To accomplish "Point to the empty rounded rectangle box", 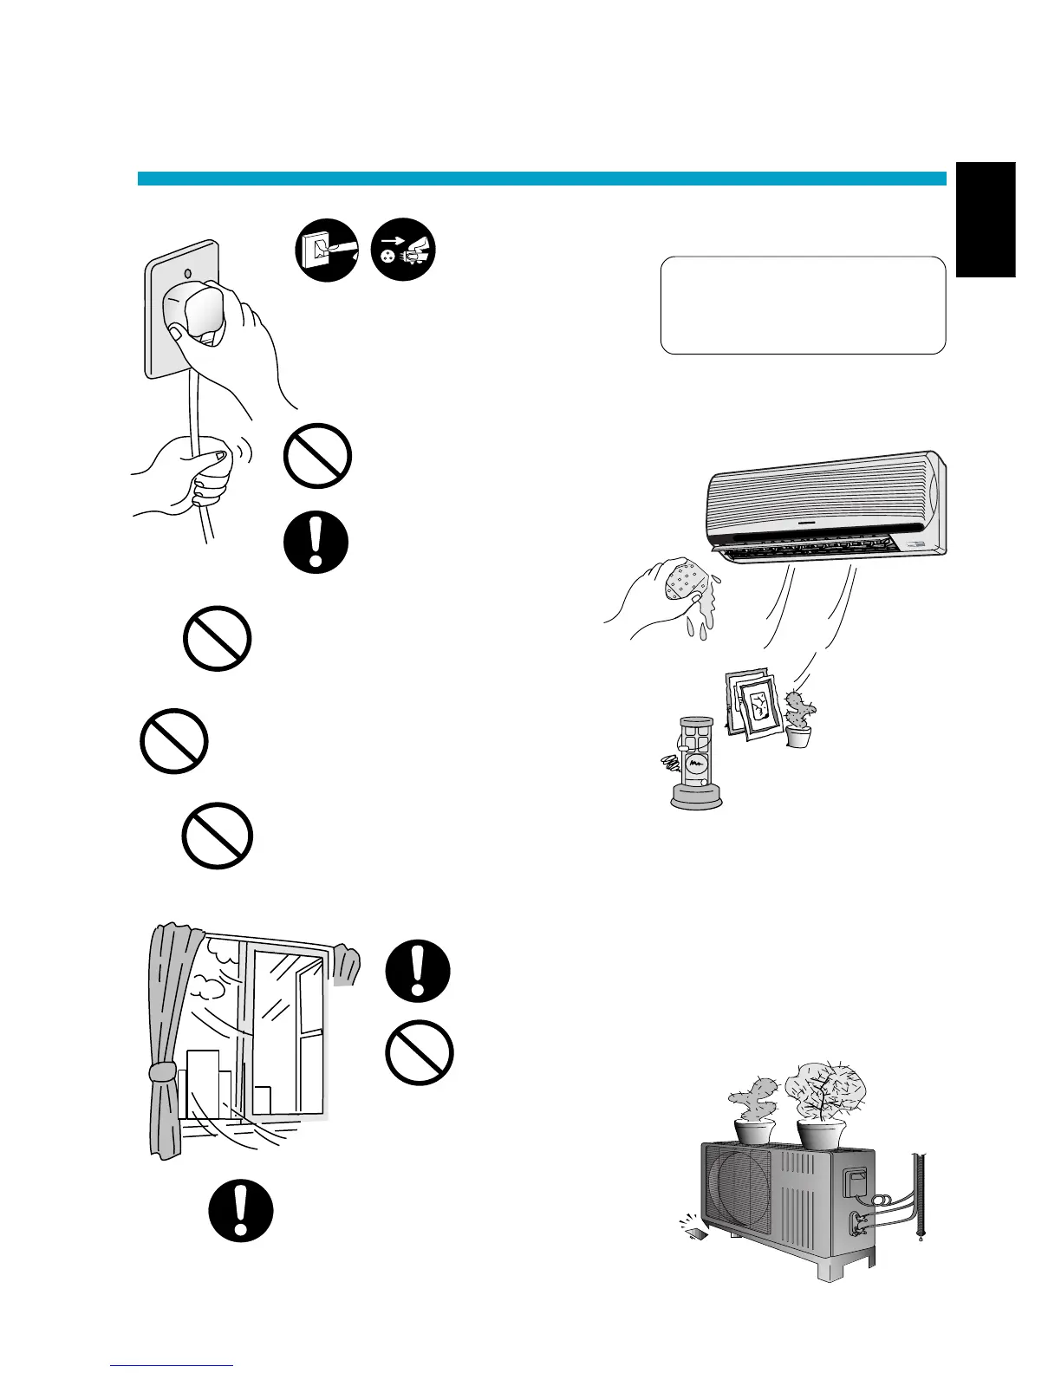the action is pyautogui.click(x=803, y=305).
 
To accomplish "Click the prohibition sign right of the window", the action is pyautogui.click(x=420, y=1051).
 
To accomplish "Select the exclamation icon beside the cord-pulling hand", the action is pyautogui.click(x=316, y=543).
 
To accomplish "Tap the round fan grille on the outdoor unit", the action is pyautogui.click(x=739, y=1189).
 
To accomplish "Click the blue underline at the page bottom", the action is pyautogui.click(x=172, y=1366).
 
